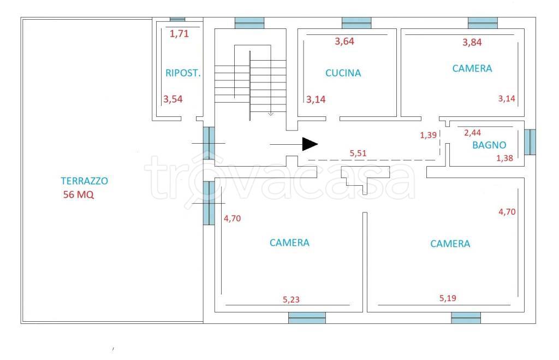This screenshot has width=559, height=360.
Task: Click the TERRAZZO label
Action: pos(85,181)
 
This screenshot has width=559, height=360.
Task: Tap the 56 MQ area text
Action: pos(79,194)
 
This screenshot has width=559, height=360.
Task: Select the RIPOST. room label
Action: pos(183,73)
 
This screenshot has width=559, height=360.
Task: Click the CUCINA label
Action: pos(343,73)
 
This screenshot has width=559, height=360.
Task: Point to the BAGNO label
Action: pos(489,145)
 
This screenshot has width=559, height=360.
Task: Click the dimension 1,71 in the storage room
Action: pos(179,34)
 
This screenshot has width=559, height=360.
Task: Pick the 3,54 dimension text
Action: pos(173,99)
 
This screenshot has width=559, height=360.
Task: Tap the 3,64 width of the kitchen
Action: pos(344,42)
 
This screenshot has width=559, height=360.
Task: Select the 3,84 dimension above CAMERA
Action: pos(472,43)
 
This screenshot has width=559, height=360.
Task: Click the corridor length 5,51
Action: pos(358,153)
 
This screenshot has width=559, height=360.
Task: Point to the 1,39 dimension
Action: pos(428,135)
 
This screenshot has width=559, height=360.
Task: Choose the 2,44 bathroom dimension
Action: pos(472,133)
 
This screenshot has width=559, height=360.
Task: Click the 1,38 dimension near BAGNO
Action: pos(504,158)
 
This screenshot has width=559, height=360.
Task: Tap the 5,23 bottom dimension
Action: pos(291,300)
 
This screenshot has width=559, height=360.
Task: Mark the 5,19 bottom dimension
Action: pos(448,298)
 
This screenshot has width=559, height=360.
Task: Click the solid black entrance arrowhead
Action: pos(310,144)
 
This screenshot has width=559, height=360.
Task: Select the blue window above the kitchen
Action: pos(356,23)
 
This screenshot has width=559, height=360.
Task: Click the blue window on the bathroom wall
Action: pos(530,142)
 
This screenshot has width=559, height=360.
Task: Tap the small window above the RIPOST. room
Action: pos(177,20)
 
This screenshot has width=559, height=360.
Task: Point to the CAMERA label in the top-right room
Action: pos(472,68)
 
